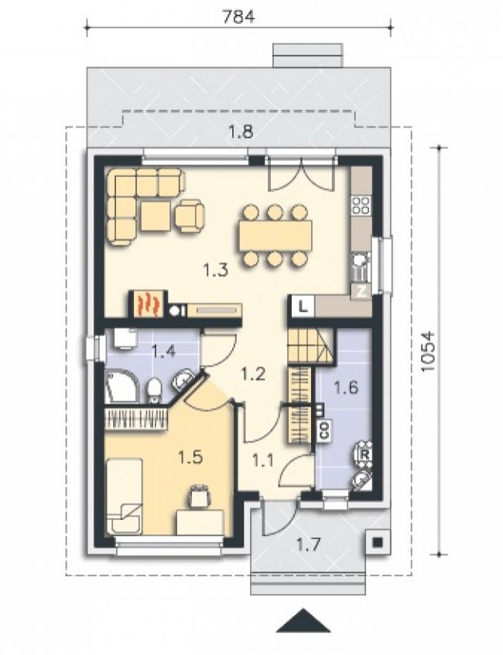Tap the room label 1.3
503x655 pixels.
coord(216,271)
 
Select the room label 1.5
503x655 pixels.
coord(190,457)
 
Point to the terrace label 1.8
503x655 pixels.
coord(241,132)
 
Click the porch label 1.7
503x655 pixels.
coord(309,544)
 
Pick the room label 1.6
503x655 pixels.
coord(346,387)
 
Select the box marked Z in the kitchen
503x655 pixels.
coord(361,292)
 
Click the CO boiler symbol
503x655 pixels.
coord(324,430)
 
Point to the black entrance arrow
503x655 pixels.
coord(303,621)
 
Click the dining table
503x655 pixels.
coord(275,236)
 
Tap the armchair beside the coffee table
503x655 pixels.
coord(190,215)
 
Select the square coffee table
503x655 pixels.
coord(156,216)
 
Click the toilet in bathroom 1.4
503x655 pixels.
coord(154,391)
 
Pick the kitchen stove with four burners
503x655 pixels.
coord(361,205)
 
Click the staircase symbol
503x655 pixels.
coord(310,345)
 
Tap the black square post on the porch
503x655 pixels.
coord(377,542)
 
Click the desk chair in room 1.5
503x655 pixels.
coord(200,495)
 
